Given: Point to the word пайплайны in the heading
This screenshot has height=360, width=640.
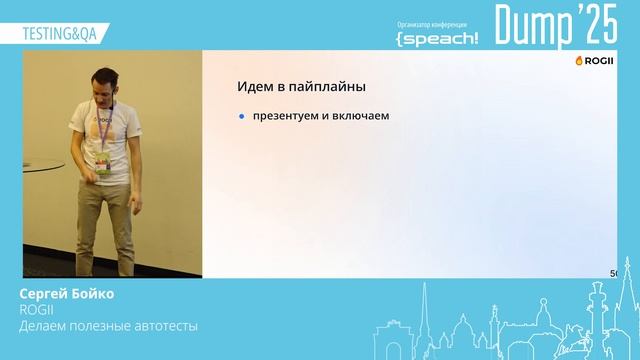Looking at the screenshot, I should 330,87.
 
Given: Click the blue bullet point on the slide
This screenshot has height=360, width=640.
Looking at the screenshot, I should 241,116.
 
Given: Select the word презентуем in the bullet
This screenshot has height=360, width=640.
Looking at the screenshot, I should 283,116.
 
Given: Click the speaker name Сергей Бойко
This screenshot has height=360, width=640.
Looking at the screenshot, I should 67,294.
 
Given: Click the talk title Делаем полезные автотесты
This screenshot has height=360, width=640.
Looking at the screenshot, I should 109,326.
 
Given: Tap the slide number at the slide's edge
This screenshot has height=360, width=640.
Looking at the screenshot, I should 613,273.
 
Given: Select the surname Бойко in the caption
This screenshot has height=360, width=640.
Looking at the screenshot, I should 93,294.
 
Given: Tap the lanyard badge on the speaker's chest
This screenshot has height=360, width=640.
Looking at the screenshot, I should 103,161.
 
